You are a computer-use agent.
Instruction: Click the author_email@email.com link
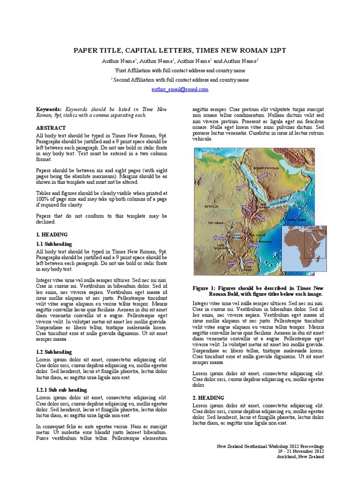pyautogui.click(x=180, y=89)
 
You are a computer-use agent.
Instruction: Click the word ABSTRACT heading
pyautogui.click(x=51, y=128)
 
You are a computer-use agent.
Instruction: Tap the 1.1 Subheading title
pyautogui.click(x=54, y=244)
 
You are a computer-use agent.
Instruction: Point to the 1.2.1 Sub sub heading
pyautogui.click(x=61, y=390)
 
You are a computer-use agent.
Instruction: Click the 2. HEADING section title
pyautogui.click(x=209, y=398)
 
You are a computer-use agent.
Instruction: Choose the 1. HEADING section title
pyautogui.click(x=52, y=234)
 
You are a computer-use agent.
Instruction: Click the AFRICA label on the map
pyautogui.click(x=211, y=206)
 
